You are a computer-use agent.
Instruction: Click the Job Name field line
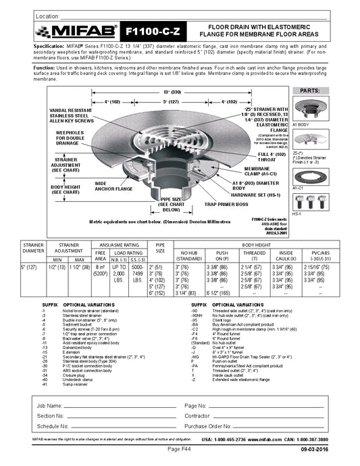tap(108, 405)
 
